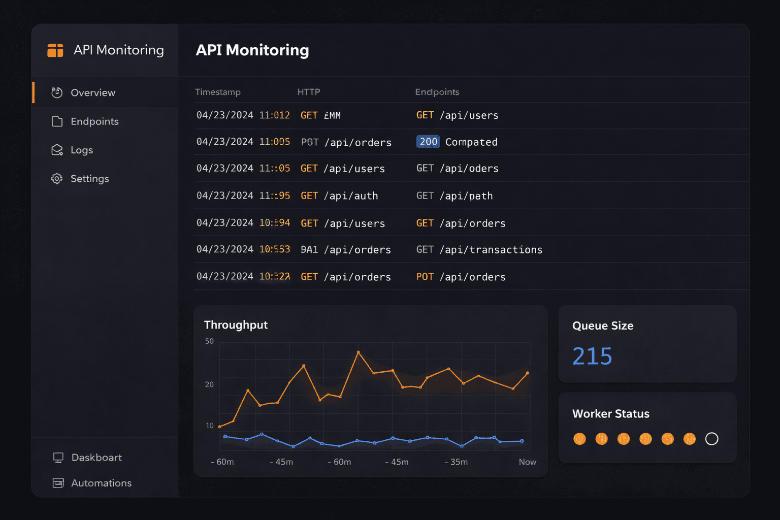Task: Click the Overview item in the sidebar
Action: [x=93, y=93]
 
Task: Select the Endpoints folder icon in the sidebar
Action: [x=57, y=121]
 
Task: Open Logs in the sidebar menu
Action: [x=81, y=150]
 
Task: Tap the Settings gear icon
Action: [x=57, y=179]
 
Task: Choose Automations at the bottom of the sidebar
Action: [x=101, y=483]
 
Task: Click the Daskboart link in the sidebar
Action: [x=96, y=458]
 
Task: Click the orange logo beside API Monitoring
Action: [x=55, y=50]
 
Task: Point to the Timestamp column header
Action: [x=218, y=92]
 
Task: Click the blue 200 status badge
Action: [x=428, y=142]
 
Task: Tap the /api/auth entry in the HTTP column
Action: [x=351, y=196]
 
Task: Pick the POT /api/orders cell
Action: [x=461, y=277]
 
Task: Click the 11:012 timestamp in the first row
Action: [x=274, y=115]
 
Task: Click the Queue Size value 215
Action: [x=592, y=356]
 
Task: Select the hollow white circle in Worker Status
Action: [x=711, y=439]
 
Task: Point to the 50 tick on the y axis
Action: [x=209, y=341]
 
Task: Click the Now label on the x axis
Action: [x=527, y=462]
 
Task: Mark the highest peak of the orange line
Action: [x=358, y=352]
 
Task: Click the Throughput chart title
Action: [x=236, y=325]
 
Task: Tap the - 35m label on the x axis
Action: [x=456, y=462]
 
